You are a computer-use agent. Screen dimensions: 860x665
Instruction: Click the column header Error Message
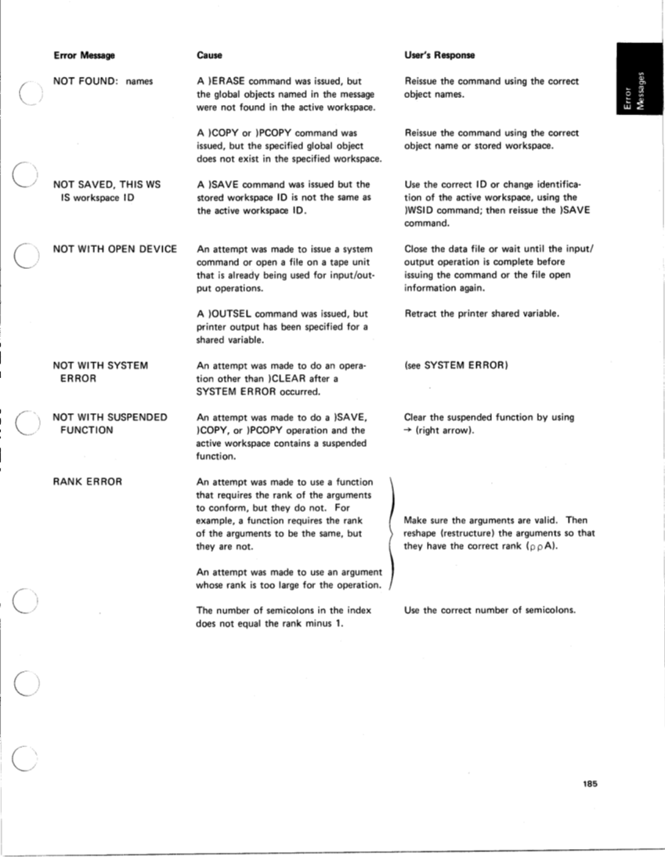pos(84,56)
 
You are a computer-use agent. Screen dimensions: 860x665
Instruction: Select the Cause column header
pos(209,56)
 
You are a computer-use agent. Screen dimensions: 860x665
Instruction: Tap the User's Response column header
pos(439,56)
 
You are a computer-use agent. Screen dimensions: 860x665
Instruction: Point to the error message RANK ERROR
pos(87,481)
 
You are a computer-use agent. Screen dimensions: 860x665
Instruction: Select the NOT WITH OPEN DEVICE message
pos(114,249)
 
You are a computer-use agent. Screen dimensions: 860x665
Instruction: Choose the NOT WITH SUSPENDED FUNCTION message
pos(110,423)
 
